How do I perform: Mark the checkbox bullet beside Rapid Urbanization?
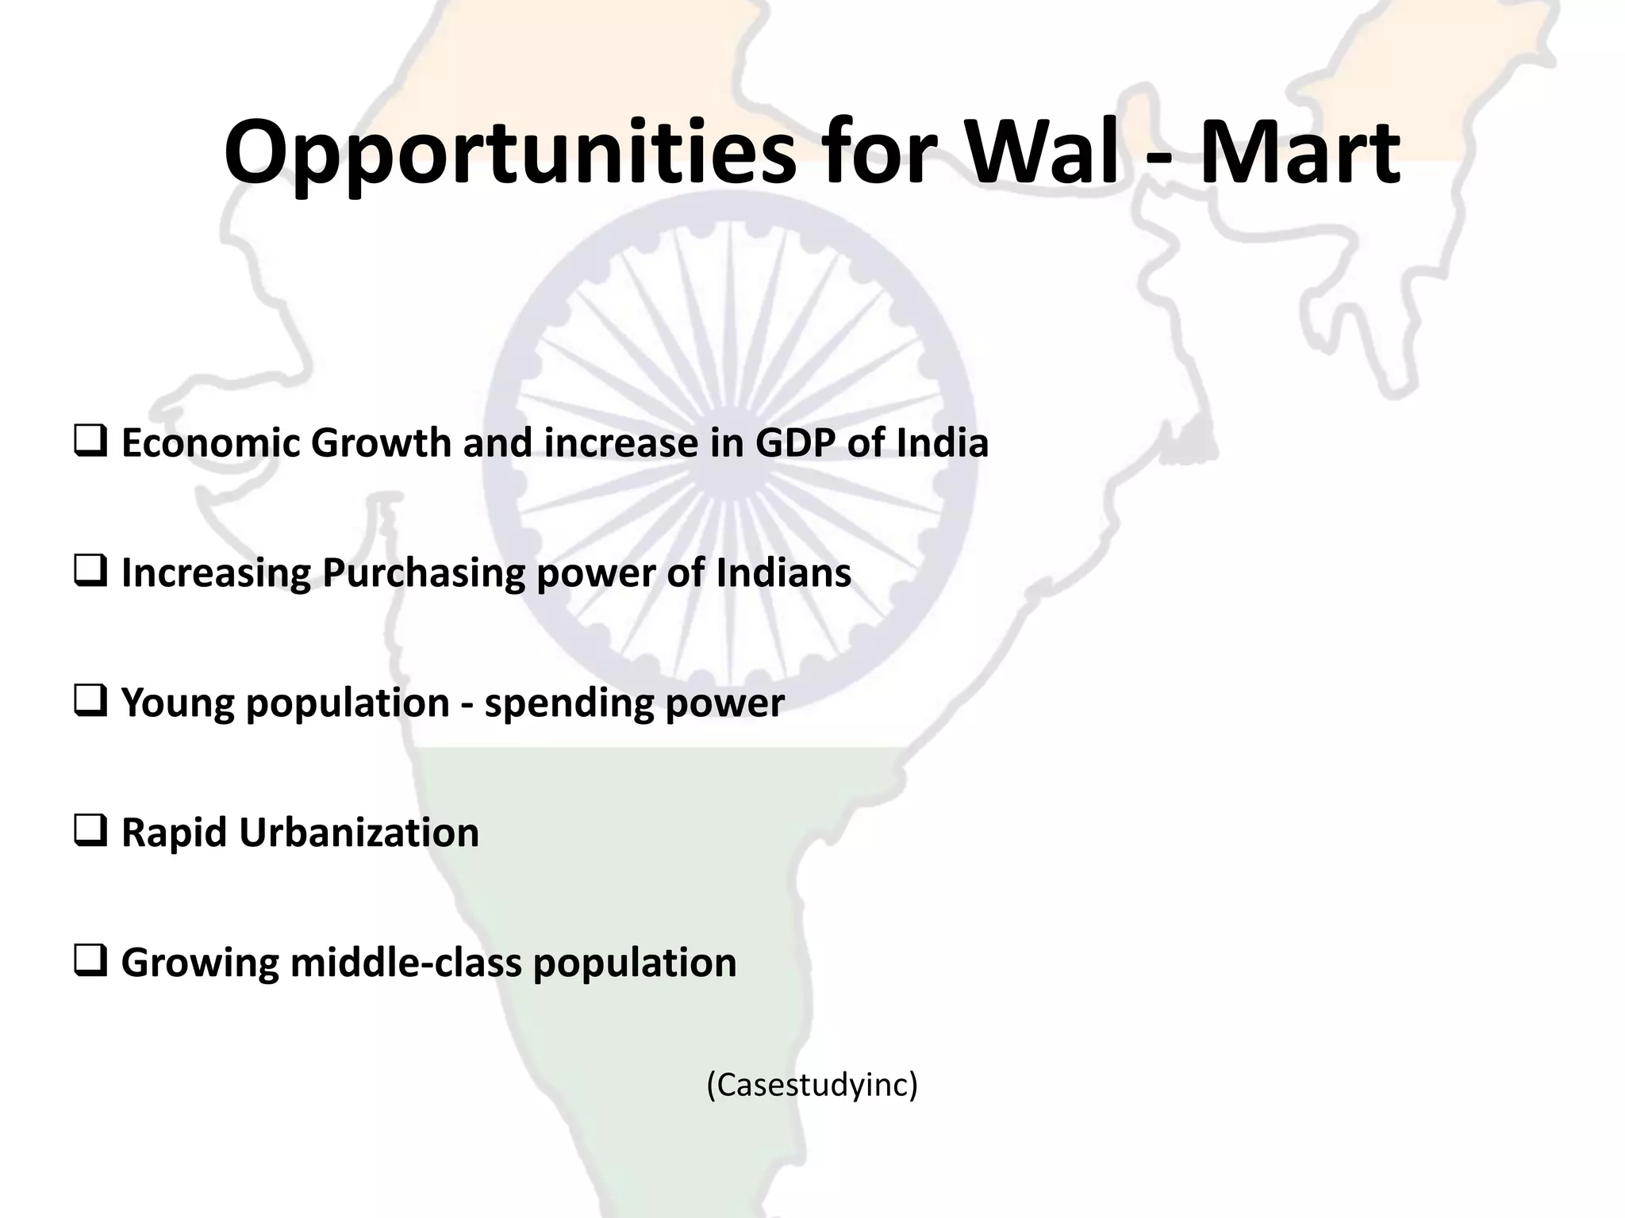tap(90, 831)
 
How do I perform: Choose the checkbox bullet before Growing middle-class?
tap(90, 961)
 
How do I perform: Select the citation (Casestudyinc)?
tap(812, 1084)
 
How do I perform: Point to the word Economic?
tap(209, 442)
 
